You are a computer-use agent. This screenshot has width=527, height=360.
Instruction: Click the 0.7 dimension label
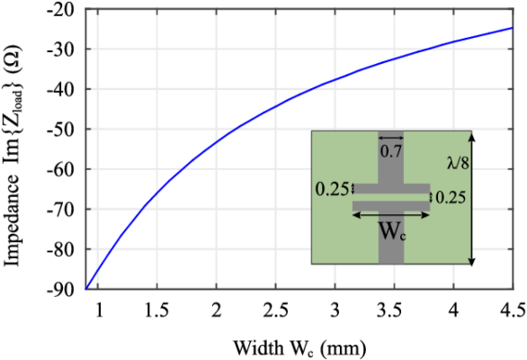click(x=391, y=152)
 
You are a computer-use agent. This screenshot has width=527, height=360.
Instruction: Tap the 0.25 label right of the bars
click(x=451, y=197)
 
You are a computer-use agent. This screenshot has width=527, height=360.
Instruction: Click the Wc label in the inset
click(x=391, y=230)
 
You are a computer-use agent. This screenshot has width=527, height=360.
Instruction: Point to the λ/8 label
click(x=458, y=163)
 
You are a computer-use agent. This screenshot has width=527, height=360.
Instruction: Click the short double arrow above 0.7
click(x=391, y=138)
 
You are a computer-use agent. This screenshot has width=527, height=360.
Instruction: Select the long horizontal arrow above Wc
click(x=391, y=215)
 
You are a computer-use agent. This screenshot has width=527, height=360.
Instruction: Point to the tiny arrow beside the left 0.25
click(x=353, y=189)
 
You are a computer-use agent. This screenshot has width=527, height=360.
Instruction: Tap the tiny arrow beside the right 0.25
click(x=432, y=197)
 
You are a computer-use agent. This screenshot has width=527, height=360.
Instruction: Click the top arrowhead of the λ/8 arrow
click(x=471, y=134)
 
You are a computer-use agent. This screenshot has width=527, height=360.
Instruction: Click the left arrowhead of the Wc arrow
click(x=354, y=215)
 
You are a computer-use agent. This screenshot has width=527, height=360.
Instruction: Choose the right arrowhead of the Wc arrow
click(x=428, y=215)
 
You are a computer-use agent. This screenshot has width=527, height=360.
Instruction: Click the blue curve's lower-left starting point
click(x=87, y=288)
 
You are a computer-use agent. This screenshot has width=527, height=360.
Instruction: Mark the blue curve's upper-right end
click(x=512, y=28)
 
